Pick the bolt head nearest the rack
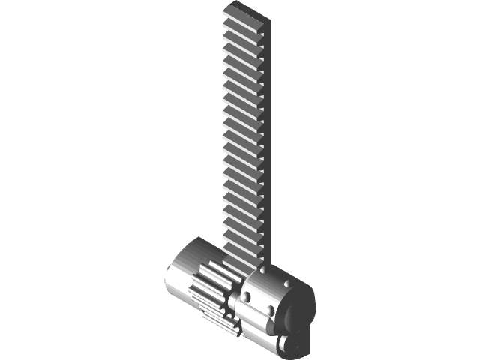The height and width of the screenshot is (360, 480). pos(263,269)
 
